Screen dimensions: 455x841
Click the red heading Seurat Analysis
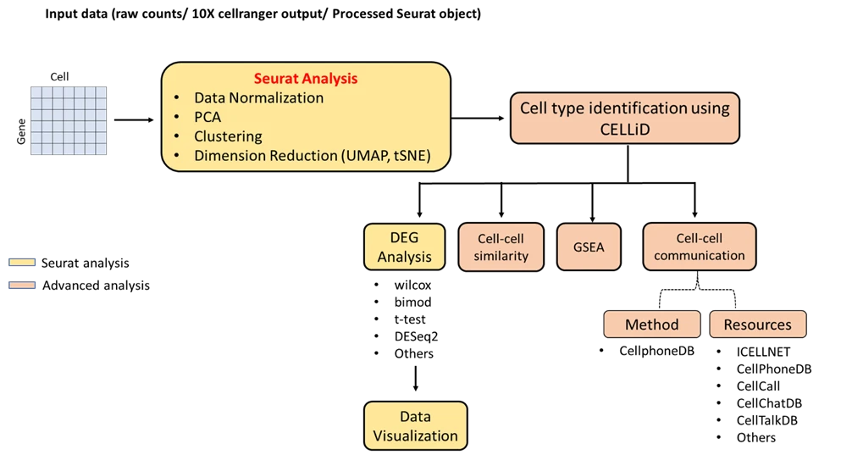[x=306, y=78]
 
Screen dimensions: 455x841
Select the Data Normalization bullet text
[x=258, y=97]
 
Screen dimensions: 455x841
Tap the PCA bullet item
[x=207, y=117]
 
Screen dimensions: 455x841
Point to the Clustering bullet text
[x=228, y=136]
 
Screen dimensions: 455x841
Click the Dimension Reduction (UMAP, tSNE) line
[x=313, y=156]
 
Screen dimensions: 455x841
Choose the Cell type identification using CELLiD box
[x=624, y=119]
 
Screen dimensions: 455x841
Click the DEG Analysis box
[x=404, y=247]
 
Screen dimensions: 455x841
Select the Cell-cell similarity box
[x=501, y=247]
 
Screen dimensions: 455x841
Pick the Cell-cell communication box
[x=700, y=247]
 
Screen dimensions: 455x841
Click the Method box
[x=652, y=325]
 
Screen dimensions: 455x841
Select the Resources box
[x=757, y=325]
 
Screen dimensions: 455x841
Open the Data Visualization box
[x=415, y=426]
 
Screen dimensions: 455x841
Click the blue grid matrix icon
[x=68, y=119]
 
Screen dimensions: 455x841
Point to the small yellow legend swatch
[x=24, y=264]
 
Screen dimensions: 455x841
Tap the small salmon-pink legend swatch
[x=24, y=285]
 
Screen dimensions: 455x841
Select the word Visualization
[x=416, y=436]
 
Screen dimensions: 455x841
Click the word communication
[x=700, y=255]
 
